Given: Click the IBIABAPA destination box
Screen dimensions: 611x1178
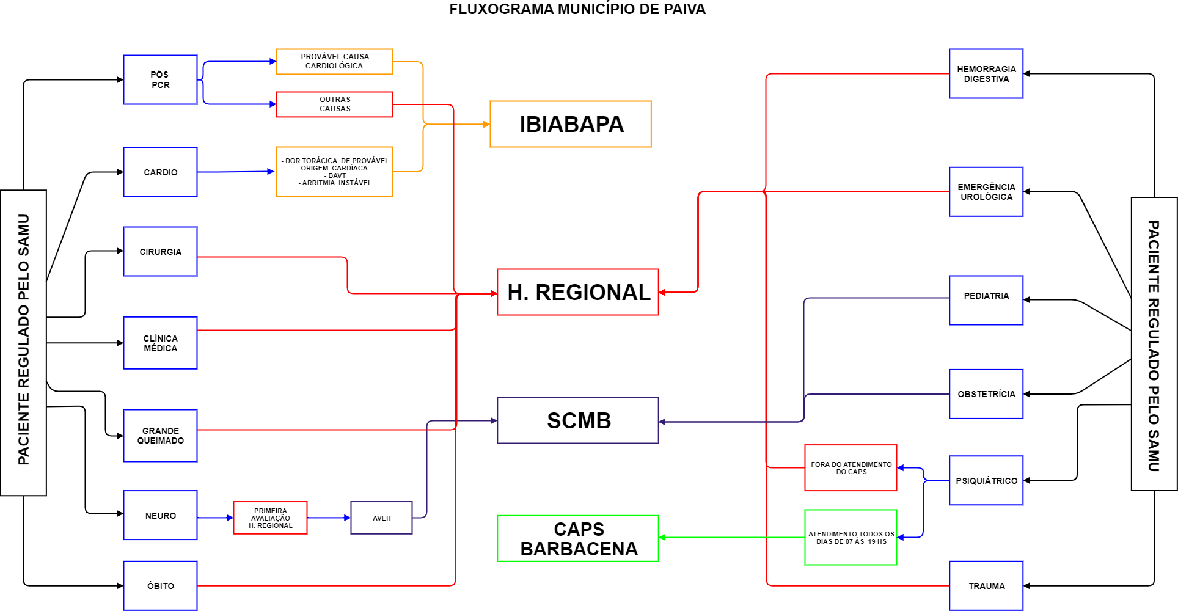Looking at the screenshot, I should pos(571,124).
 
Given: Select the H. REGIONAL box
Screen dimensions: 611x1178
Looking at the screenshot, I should pos(578,292).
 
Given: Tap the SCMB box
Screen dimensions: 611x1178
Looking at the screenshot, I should pos(578,420).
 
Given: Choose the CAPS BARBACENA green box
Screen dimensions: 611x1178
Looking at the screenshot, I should pos(578,538).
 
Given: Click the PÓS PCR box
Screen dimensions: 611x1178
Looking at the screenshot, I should pos(160,80).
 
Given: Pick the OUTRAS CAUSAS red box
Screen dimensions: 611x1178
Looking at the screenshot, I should pos(334,104).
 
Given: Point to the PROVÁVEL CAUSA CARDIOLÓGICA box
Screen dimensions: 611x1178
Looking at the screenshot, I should pos(334,62).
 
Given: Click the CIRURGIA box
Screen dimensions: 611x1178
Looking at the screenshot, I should pos(160,252).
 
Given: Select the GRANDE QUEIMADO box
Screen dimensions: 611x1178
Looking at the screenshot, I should pos(160,436).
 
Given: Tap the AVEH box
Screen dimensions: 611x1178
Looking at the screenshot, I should pos(381,518).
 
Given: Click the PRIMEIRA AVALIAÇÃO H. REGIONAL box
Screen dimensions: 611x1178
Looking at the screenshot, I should pos(270,518).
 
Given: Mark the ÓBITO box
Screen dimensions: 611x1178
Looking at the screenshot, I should pos(160,586).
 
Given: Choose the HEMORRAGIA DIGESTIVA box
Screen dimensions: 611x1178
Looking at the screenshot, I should pos(986,74).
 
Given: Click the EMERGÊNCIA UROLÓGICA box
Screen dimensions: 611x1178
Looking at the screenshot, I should pos(986,192).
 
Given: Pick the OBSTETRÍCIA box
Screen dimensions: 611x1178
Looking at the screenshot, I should pos(986,394).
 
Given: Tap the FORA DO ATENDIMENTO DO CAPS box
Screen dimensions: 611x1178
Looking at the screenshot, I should pos(851,468).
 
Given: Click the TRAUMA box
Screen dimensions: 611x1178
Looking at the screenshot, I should pos(986,586).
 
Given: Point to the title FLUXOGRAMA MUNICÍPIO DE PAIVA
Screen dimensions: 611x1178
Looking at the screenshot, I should pos(577,9).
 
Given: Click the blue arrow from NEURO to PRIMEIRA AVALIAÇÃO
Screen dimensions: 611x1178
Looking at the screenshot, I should pos(215,518).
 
